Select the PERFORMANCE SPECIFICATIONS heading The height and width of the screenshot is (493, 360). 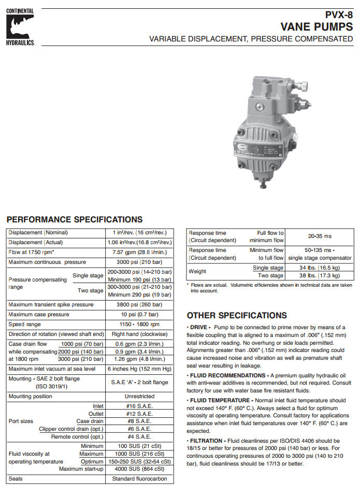point(74,220)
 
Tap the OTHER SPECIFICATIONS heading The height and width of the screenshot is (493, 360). point(237,315)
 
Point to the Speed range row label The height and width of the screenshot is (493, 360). point(24,324)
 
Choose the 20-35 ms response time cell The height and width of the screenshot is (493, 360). point(319,236)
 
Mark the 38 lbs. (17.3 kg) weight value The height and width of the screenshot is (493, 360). point(319,276)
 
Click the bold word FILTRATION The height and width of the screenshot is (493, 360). point(206,441)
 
